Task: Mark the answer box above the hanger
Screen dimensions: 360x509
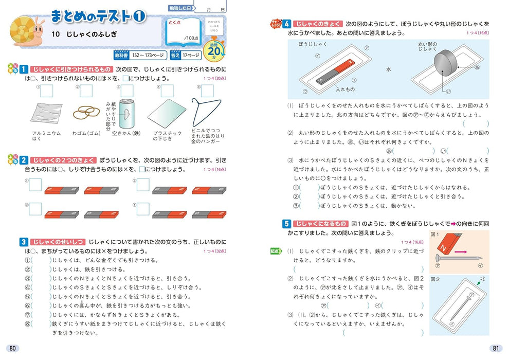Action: coord(208,91)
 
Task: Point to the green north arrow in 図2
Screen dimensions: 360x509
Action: coord(479,282)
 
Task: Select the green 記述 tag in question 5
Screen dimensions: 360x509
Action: coord(276,251)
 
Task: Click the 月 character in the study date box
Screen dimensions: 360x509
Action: coord(208,9)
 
